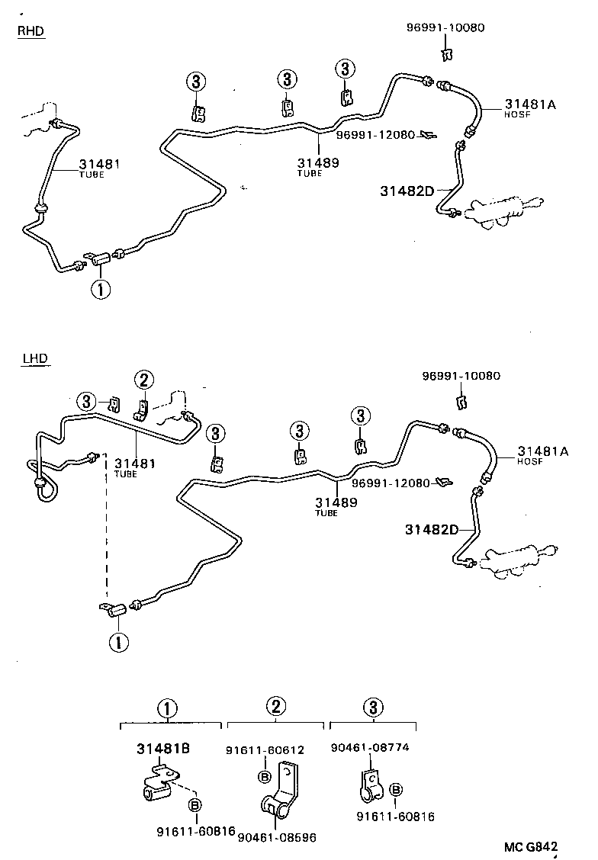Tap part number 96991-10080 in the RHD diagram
pos(445,28)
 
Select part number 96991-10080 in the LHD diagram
pos(461,376)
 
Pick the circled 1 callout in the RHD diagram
pos(100,289)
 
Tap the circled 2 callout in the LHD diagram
pos(144,379)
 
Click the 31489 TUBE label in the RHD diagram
pos(318,166)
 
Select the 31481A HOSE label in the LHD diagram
pos(543,455)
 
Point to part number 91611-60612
pos(265,750)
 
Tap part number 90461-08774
pos(370,747)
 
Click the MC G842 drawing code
pos(530,846)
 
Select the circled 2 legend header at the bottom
pos(275,708)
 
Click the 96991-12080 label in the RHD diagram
pos(375,135)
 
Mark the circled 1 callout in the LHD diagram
pos(118,642)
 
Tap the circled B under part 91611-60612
pos(265,777)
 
